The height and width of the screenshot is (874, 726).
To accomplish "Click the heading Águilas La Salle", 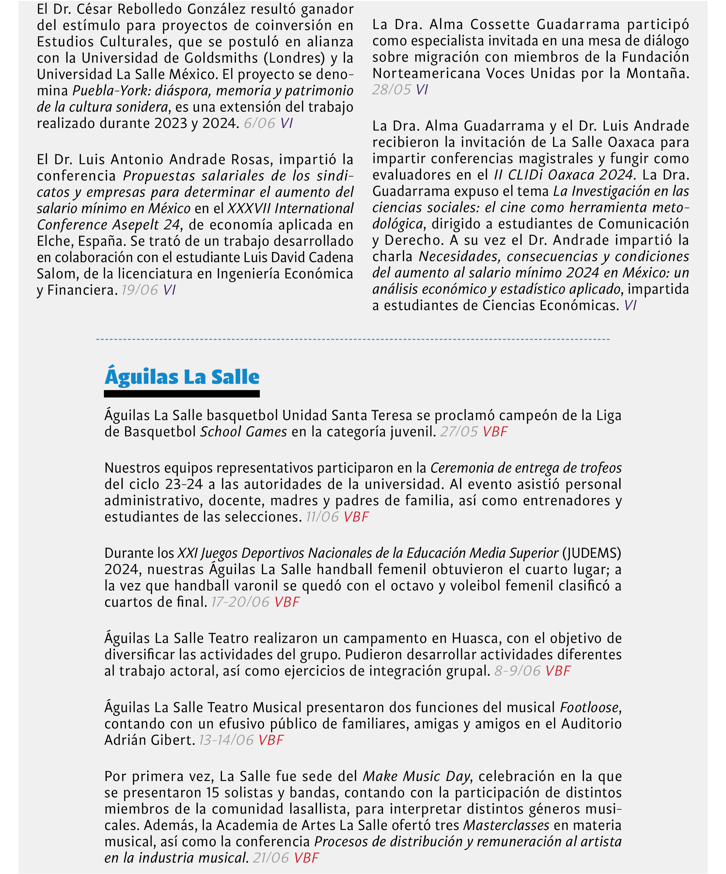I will pyautogui.click(x=182, y=377).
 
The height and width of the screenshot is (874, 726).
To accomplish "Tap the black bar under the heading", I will pyautogui.click(x=182, y=394).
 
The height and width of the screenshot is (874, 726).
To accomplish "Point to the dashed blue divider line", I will pyautogui.click(x=353, y=339).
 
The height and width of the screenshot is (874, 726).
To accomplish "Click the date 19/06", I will pyautogui.click(x=140, y=290).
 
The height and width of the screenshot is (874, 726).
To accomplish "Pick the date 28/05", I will pyautogui.click(x=391, y=90).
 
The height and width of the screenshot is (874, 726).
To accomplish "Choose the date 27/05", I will pyautogui.click(x=459, y=431).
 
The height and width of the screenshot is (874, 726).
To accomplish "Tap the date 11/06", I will pyautogui.click(x=322, y=517).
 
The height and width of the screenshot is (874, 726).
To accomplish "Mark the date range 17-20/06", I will pyautogui.click(x=240, y=602).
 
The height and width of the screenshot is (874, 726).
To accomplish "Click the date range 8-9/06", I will pyautogui.click(x=517, y=671).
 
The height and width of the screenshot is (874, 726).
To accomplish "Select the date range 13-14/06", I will pyautogui.click(x=226, y=740).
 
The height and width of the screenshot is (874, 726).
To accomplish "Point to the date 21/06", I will pyautogui.click(x=271, y=858).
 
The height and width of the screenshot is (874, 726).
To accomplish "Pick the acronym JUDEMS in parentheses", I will pyautogui.click(x=592, y=553).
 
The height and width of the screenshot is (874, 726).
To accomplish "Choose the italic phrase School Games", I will pyautogui.click(x=244, y=431).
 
